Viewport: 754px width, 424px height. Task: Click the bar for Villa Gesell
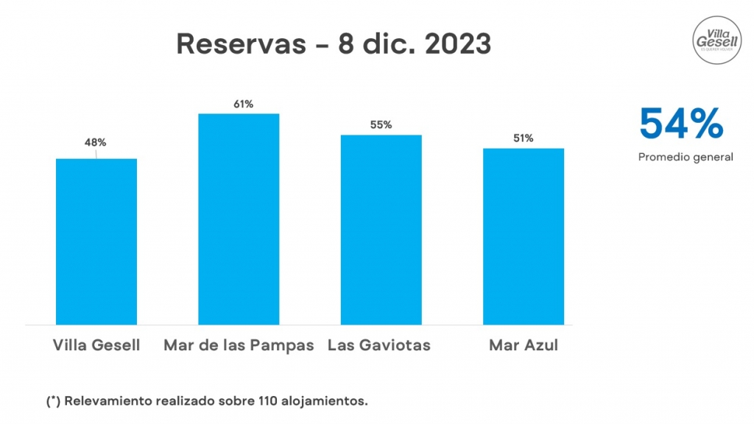(x=96, y=241)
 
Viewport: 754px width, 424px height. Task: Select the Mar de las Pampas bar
(x=239, y=219)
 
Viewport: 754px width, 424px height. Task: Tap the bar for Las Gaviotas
(x=381, y=230)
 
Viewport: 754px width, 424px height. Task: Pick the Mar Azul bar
(x=524, y=236)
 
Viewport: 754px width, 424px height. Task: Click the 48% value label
(x=96, y=143)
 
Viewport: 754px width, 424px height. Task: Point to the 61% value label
(x=243, y=105)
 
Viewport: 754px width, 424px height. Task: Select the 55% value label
(x=381, y=125)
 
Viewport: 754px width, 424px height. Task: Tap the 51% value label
(x=524, y=138)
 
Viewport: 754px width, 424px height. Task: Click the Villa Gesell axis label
(x=96, y=345)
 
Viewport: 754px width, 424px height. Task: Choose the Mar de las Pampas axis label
(x=239, y=345)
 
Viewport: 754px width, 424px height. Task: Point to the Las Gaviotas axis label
(x=378, y=345)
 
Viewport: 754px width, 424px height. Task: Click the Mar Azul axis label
(x=524, y=345)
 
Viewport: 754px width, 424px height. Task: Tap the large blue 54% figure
(x=681, y=123)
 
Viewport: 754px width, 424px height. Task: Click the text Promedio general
(x=686, y=157)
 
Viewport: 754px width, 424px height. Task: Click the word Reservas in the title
(x=239, y=44)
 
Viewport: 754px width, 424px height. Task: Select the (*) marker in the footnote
(x=53, y=401)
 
